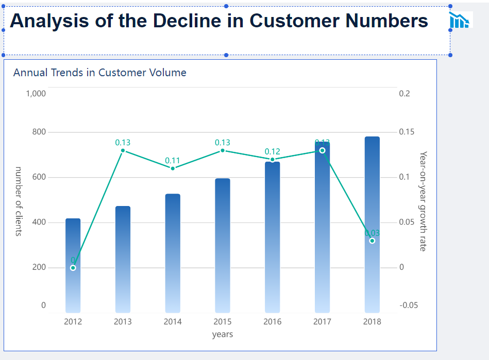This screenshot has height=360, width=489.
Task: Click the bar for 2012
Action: click(73, 266)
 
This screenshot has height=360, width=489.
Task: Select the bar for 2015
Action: click(223, 246)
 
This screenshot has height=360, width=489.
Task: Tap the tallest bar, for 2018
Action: click(372, 225)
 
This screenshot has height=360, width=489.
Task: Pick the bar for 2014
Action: click(173, 253)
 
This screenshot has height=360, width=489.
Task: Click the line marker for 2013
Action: click(123, 150)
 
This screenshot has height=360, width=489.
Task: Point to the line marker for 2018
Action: click(372, 241)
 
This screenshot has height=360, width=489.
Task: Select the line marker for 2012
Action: click(73, 268)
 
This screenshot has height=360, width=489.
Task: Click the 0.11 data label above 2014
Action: click(173, 161)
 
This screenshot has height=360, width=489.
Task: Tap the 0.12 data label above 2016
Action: click(272, 151)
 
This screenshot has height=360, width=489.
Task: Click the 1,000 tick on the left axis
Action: click(36, 94)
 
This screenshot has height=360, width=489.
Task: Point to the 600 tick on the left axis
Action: click(39, 177)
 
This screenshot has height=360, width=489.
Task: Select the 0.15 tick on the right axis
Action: click(407, 132)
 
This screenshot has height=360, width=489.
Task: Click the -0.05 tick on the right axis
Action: click(409, 305)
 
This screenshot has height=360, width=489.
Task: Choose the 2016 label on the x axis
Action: click(272, 322)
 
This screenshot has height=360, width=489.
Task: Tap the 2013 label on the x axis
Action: click(123, 322)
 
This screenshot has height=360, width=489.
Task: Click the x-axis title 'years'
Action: click(223, 334)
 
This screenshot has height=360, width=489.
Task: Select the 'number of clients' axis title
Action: click(19, 201)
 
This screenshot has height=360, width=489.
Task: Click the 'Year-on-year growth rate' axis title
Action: click(423, 201)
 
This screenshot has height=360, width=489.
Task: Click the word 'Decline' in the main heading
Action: click(187, 21)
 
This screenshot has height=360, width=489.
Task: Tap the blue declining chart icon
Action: click(459, 20)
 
